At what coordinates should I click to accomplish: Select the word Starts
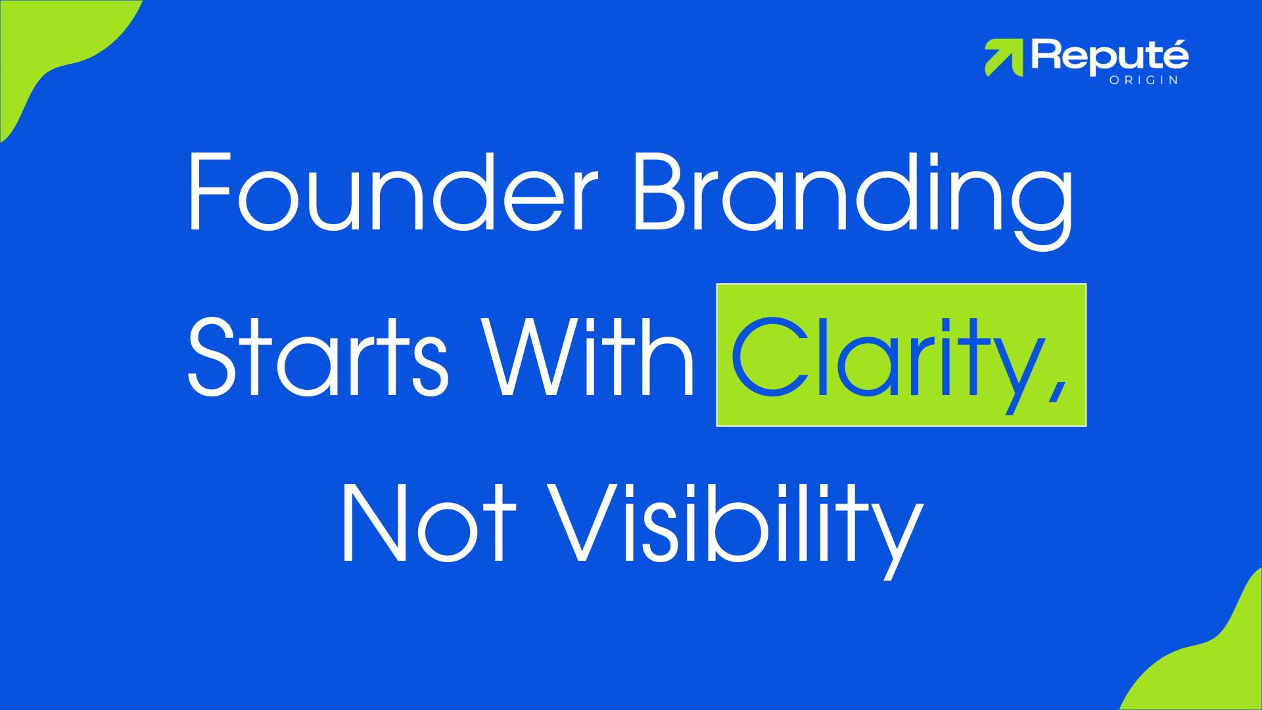[318, 357]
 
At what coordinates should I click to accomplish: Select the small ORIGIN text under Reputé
[1144, 80]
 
